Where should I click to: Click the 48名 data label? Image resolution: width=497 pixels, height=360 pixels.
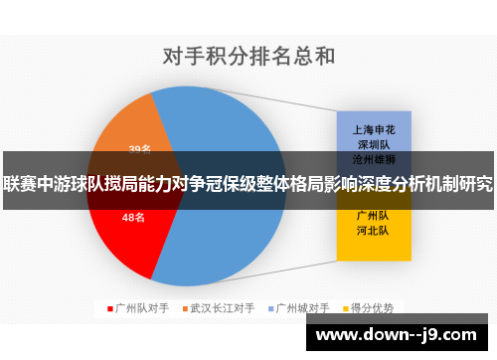(x=133, y=217)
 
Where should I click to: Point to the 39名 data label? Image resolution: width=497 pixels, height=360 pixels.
(x=139, y=150)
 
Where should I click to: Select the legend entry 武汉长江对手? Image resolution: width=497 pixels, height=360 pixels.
(x=223, y=307)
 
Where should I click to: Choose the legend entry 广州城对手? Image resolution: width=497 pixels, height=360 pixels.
(x=302, y=307)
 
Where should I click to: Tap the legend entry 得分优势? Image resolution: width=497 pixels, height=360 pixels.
(x=374, y=307)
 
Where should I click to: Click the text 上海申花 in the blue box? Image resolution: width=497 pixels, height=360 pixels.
(x=373, y=129)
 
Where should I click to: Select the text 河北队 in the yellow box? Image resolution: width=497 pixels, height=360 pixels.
(x=373, y=230)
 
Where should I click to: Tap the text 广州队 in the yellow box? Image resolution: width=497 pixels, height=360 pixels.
(x=373, y=215)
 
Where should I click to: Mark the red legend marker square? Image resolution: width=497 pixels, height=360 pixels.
(x=110, y=307)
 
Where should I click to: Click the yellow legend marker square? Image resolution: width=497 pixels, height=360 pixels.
(x=345, y=307)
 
